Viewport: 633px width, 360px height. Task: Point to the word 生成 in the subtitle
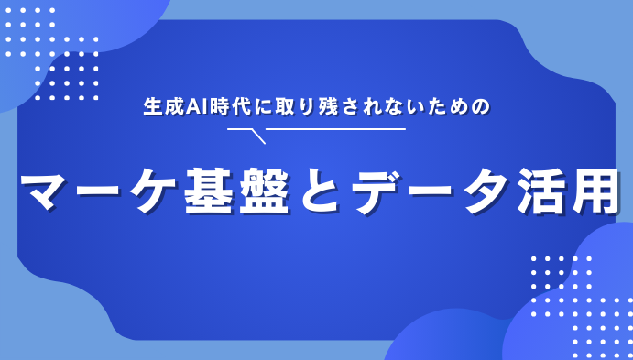pyautogui.click(x=165, y=106)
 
